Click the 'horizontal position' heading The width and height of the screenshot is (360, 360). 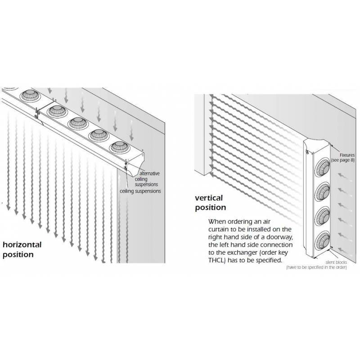tap(22, 250)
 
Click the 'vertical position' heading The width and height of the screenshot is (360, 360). tap(210, 202)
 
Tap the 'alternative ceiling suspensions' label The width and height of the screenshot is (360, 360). tap(147, 179)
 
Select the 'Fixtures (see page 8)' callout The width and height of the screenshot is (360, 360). tap(343, 157)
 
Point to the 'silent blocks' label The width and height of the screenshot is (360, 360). tap(336, 262)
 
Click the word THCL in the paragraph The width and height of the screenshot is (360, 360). tap(216, 261)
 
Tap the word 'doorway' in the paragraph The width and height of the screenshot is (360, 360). tap(279, 237)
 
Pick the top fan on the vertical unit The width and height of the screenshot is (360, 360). tap(322, 167)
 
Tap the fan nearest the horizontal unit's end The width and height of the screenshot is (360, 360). tap(120, 147)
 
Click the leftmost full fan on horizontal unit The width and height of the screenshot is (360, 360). tap(30, 95)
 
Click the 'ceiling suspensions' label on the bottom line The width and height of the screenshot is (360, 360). tap(140, 191)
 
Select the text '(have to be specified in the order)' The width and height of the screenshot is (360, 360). tap(316, 267)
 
